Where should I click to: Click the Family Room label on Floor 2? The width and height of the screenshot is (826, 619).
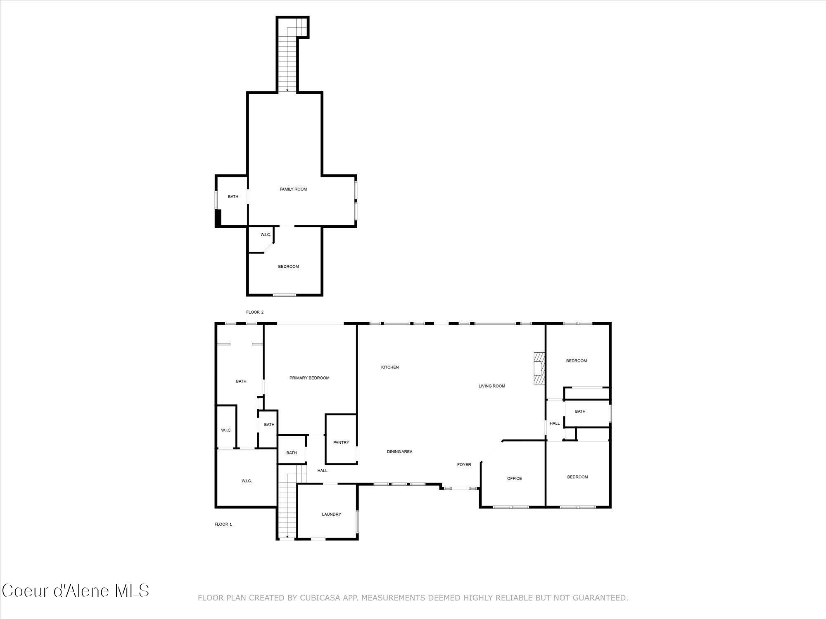pyautogui.click(x=293, y=189)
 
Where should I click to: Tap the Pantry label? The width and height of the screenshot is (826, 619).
pyautogui.click(x=341, y=442)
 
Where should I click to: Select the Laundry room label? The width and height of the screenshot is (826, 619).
pyautogui.click(x=331, y=514)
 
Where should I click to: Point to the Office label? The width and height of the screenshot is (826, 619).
pyautogui.click(x=514, y=478)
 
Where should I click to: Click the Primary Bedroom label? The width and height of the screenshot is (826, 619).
pyautogui.click(x=309, y=378)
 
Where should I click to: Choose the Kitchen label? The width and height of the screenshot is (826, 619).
pyautogui.click(x=390, y=367)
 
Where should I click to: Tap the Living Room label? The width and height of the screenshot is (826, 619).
pyautogui.click(x=491, y=386)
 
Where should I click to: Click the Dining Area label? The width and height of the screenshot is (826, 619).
pyautogui.click(x=399, y=452)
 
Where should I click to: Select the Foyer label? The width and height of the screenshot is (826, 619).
pyautogui.click(x=464, y=465)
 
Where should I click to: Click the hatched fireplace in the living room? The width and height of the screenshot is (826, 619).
pyautogui.click(x=539, y=368)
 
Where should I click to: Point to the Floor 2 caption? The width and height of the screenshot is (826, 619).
pyautogui.click(x=255, y=312)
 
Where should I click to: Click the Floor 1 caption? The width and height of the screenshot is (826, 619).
pyautogui.click(x=223, y=524)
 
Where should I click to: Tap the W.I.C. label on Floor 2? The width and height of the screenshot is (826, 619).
pyautogui.click(x=266, y=235)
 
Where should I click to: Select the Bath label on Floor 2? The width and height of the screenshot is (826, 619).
pyautogui.click(x=233, y=197)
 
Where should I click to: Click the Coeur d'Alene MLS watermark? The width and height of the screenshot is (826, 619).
pyautogui.click(x=75, y=591)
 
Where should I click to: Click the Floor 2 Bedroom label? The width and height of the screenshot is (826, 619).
pyautogui.click(x=288, y=267)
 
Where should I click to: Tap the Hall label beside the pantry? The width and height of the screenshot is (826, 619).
pyautogui.click(x=322, y=470)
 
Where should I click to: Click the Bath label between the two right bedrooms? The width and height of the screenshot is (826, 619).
pyautogui.click(x=580, y=411)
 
